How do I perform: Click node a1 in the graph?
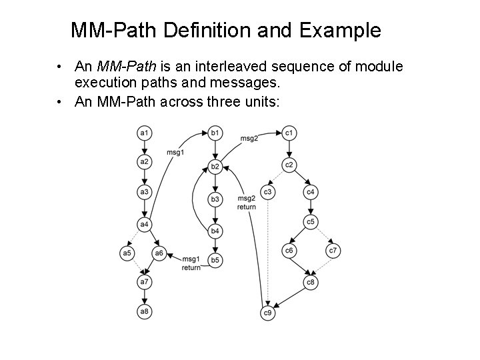[x=144, y=133]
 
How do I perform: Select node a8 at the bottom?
[x=144, y=311]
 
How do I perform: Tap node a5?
[x=127, y=253]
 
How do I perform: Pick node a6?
[x=159, y=253]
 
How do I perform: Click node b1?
[x=215, y=133]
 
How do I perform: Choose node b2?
[x=215, y=166]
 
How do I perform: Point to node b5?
[x=215, y=259]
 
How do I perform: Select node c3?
[x=267, y=192]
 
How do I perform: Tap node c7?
[x=333, y=251]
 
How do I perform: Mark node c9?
[x=267, y=313]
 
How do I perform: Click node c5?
[x=311, y=221]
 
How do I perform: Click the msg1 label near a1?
[x=176, y=153]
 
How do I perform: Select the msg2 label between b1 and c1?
[x=249, y=138]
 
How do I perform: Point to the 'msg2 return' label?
[x=247, y=203]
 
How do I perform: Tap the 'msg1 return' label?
[x=191, y=263]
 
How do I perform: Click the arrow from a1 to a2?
[x=144, y=147]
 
